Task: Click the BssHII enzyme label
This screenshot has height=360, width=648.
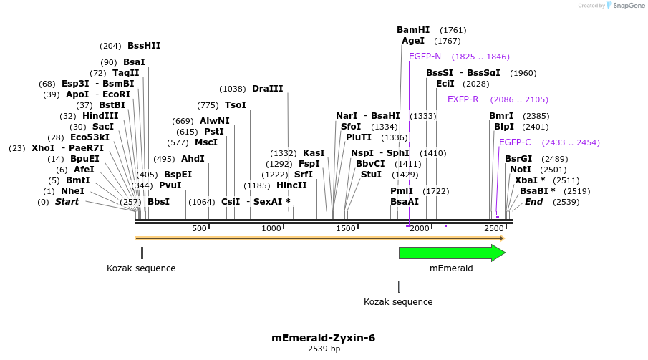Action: click(144, 46)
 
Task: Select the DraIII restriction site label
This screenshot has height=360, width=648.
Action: click(267, 89)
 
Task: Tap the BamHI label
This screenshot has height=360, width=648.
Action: click(413, 30)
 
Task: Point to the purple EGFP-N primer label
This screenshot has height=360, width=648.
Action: click(425, 57)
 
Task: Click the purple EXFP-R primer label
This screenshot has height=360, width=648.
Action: click(463, 99)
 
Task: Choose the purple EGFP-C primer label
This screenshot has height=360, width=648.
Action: click(515, 142)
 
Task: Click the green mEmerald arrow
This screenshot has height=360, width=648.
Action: click(452, 253)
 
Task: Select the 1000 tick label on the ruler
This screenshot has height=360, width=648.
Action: click(271, 228)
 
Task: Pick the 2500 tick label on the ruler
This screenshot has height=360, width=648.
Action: click(493, 228)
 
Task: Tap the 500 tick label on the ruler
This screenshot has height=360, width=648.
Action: click(199, 228)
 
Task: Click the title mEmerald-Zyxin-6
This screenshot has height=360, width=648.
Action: click(323, 338)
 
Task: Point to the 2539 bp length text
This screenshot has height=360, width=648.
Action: click(323, 349)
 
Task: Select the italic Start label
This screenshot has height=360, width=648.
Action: click(67, 202)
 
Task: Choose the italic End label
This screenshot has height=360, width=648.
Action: click(533, 202)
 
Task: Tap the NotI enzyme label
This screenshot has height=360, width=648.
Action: click(521, 170)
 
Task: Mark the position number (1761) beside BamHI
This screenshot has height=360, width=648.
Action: click(453, 30)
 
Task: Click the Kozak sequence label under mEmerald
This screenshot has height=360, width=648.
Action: click(398, 302)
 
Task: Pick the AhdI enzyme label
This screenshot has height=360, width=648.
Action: click(193, 159)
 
